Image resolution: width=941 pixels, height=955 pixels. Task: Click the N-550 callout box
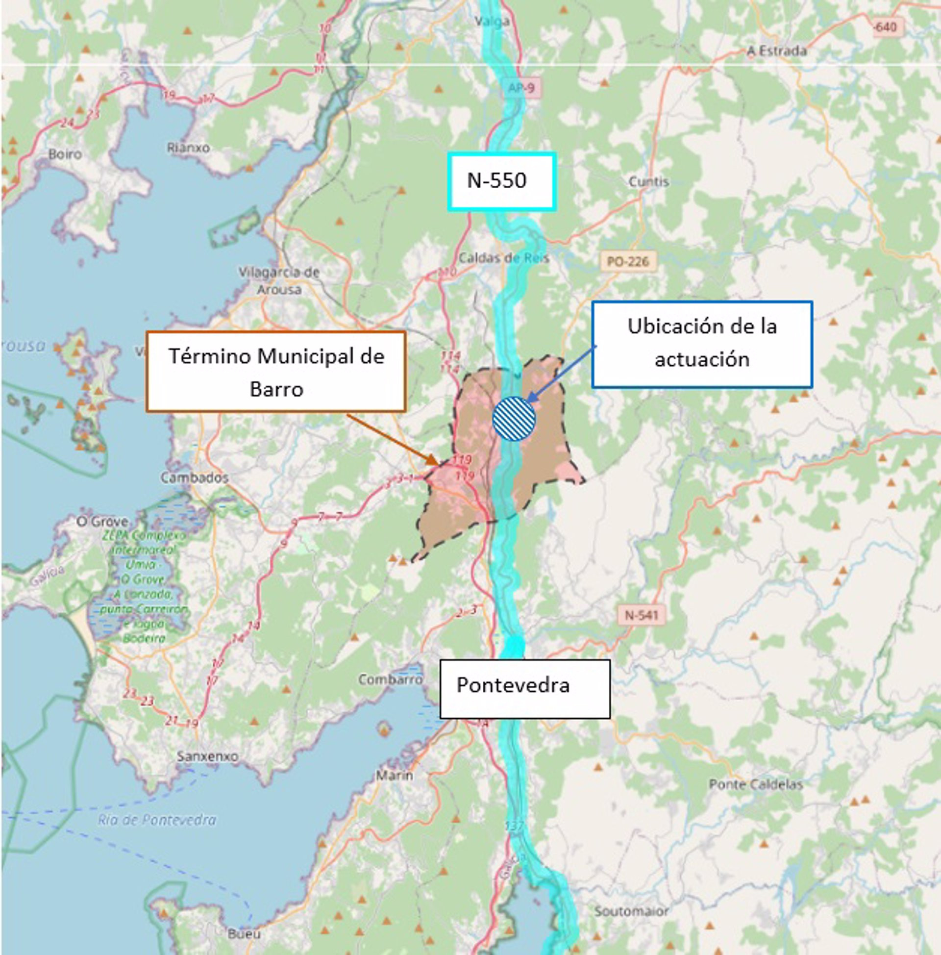(x=502, y=181)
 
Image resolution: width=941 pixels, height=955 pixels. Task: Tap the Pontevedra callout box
(x=525, y=689)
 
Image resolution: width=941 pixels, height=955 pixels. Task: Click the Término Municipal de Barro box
(x=276, y=372)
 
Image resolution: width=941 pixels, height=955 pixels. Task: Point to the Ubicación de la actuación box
(x=702, y=344)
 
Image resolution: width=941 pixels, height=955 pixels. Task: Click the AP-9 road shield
(x=521, y=88)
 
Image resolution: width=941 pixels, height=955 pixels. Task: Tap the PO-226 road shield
(x=628, y=261)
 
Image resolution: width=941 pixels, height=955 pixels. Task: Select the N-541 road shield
(x=642, y=615)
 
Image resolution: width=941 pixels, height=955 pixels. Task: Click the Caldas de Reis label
(x=504, y=258)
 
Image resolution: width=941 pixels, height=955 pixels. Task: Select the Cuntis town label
(x=648, y=182)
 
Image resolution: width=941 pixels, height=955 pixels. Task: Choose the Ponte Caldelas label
(x=756, y=784)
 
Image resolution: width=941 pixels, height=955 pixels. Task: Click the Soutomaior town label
(x=631, y=911)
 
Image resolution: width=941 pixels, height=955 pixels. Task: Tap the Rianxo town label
(x=188, y=147)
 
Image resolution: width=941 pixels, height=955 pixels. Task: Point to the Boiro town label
(x=65, y=154)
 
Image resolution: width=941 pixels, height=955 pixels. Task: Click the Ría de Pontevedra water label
(x=157, y=821)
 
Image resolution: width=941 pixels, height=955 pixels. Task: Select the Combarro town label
(x=390, y=679)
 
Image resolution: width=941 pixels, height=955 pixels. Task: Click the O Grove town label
(x=102, y=522)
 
